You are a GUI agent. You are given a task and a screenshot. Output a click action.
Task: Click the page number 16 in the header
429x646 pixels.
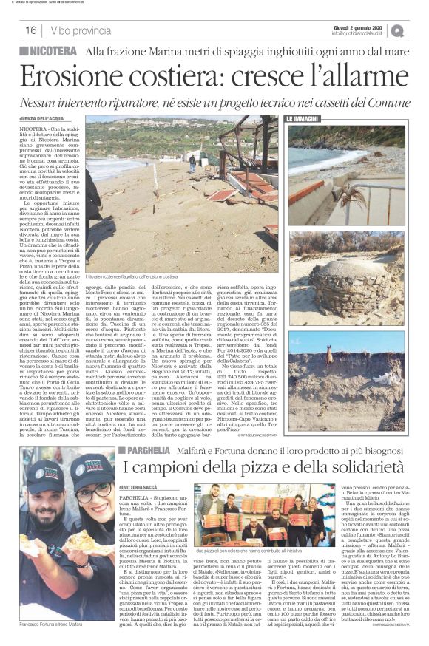click(x=31, y=30)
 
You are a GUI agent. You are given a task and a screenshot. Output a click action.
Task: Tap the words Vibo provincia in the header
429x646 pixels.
click(x=76, y=30)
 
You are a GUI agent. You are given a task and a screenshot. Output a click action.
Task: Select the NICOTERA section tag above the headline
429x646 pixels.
click(x=49, y=51)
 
